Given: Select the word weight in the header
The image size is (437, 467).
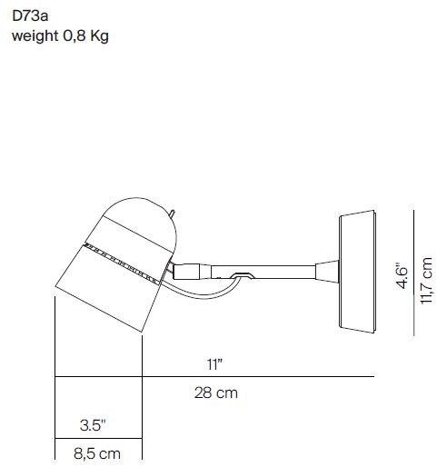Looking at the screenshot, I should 35,37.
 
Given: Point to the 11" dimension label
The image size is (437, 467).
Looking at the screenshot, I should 214,363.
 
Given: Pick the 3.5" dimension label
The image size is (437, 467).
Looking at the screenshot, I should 91,423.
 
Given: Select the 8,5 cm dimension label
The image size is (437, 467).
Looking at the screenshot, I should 96,452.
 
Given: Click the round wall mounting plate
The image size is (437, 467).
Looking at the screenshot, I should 357,272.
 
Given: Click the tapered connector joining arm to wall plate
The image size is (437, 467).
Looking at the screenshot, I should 325,270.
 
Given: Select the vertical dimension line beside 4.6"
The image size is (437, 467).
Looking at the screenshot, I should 413,273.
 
